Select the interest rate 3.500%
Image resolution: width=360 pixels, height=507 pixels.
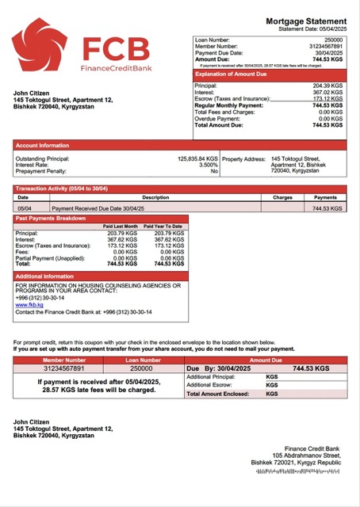point(209,165)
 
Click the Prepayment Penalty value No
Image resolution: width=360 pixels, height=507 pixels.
point(214,171)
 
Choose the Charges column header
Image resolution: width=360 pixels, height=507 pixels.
point(282,197)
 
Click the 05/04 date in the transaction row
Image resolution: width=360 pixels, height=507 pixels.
point(24,208)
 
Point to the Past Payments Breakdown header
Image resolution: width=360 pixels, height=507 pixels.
point(52,218)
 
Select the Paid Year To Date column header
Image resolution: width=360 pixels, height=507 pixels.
point(163,227)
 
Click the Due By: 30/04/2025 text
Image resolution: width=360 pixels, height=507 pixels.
point(216,368)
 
